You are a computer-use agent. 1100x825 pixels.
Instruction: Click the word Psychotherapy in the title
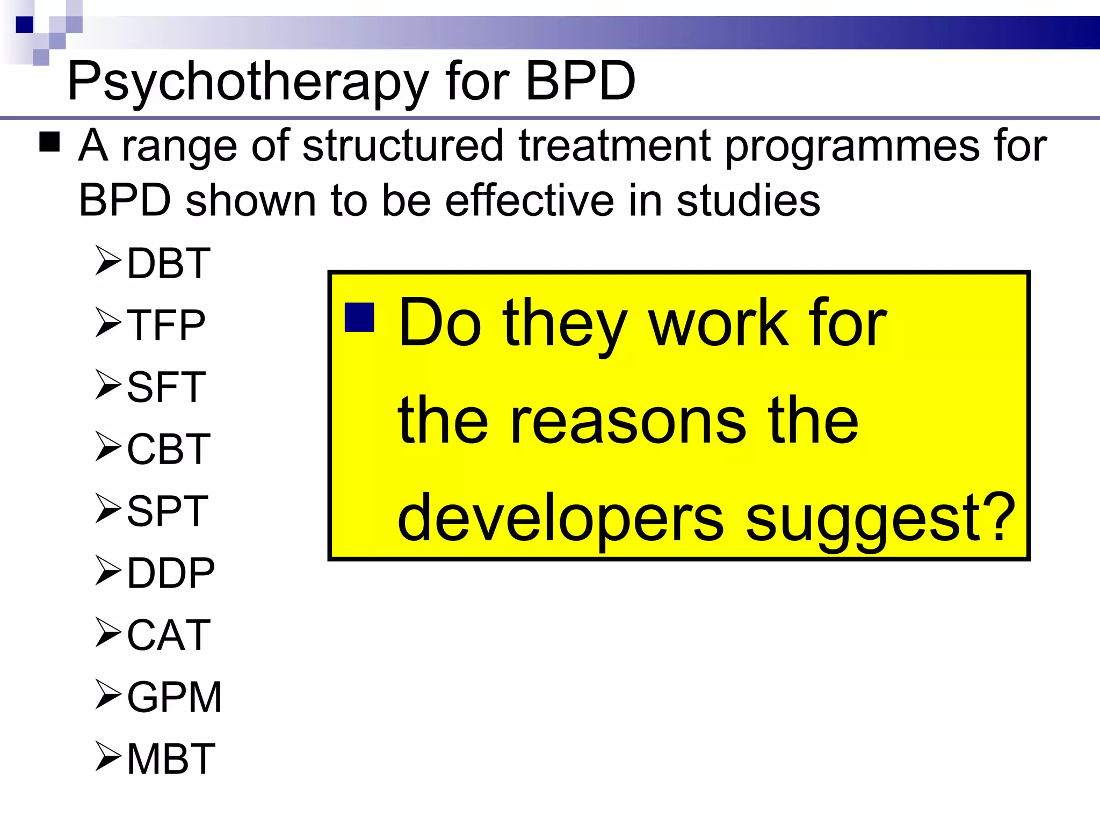point(247,82)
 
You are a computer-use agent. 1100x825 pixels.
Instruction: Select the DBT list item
point(168,263)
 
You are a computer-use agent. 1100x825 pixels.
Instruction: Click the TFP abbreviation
point(166,325)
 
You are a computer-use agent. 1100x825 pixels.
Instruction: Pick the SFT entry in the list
point(166,387)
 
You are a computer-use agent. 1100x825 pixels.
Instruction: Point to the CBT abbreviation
point(168,449)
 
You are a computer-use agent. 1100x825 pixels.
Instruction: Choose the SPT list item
point(167,511)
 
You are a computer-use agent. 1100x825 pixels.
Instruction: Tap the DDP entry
point(171,573)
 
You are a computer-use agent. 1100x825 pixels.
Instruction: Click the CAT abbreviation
point(168,635)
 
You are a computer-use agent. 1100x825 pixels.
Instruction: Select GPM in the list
point(174,697)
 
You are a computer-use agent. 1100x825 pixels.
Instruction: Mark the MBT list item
point(171,759)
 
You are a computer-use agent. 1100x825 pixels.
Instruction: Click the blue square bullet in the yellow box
point(359,317)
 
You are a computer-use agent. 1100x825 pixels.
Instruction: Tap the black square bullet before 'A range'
point(49,142)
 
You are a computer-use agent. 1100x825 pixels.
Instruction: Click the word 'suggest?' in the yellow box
point(880,518)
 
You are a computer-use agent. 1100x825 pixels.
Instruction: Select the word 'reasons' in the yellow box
point(628,422)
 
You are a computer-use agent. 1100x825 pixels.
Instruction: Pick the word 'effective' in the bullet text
point(529,200)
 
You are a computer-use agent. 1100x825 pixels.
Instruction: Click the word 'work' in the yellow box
point(719,324)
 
